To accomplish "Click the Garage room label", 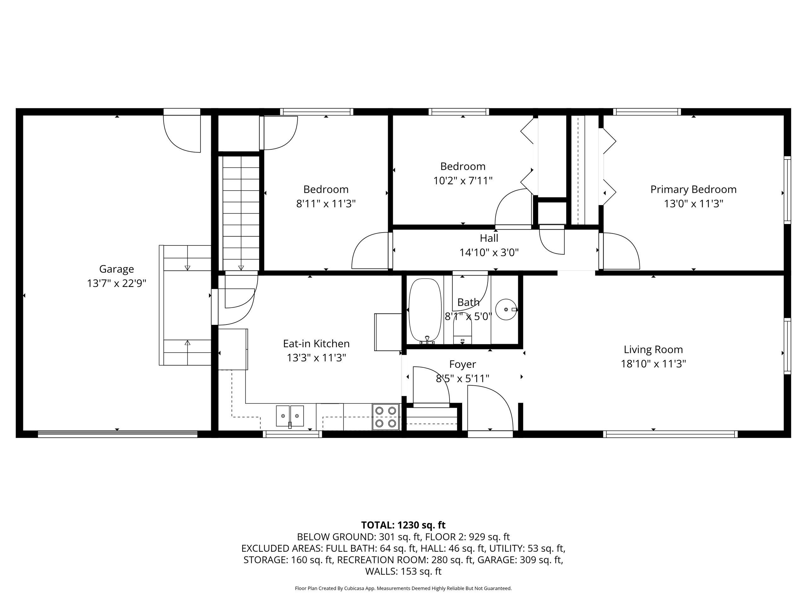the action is (x=116, y=269).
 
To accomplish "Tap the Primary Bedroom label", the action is (x=693, y=190).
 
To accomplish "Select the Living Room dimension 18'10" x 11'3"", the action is (x=653, y=364).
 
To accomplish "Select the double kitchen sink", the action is (x=290, y=416).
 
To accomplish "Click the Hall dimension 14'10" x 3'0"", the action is (x=489, y=252).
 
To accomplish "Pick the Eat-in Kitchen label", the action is (x=316, y=343).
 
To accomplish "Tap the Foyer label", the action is (x=462, y=364).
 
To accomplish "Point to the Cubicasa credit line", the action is (x=403, y=588).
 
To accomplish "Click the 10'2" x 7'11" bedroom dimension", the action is (x=462, y=181).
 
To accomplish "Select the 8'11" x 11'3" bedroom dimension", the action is (x=326, y=204).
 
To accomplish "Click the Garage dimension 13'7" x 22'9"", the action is (x=116, y=283).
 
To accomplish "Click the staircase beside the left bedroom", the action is (x=241, y=213).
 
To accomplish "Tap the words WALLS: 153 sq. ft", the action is (x=403, y=571).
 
